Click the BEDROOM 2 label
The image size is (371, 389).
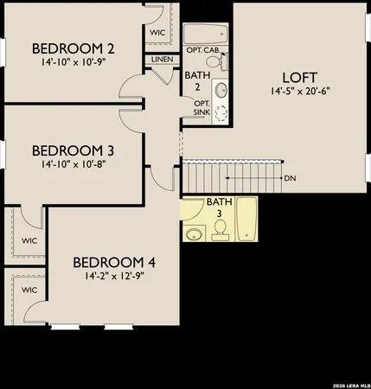73,48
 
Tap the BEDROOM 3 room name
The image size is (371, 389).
73,150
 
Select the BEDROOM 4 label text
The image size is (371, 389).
113,262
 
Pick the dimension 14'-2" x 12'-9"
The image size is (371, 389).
113,277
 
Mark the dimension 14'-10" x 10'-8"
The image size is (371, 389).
73,163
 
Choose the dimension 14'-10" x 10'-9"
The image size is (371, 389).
73,62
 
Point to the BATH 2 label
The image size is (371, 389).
192,80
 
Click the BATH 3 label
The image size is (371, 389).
218,207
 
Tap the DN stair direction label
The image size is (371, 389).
289,178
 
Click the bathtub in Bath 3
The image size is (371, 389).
246,221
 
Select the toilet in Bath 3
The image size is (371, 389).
221,227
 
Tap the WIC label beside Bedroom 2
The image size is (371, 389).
157,32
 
